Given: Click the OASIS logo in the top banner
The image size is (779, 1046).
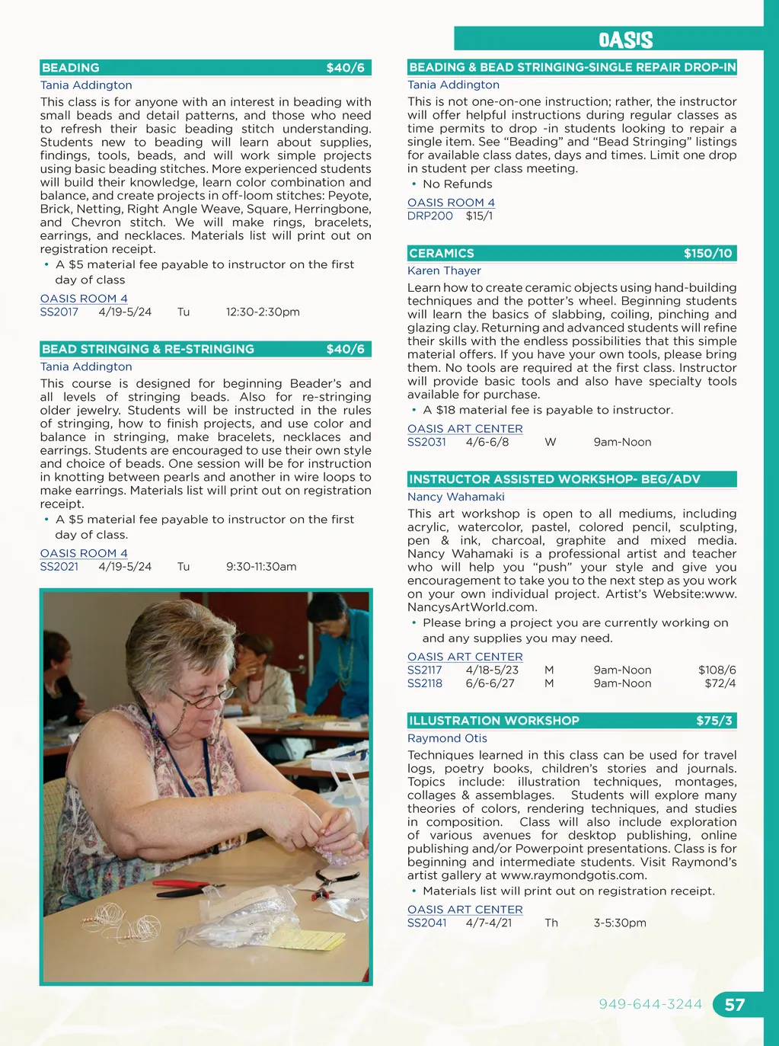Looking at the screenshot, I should click(x=625, y=40).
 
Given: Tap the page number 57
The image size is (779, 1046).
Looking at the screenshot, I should click(x=734, y=1005).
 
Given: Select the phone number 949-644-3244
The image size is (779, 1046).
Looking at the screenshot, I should click(x=650, y=1004).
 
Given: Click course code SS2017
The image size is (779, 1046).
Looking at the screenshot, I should click(x=59, y=312).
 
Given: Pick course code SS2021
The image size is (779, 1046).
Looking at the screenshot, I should click(x=59, y=566).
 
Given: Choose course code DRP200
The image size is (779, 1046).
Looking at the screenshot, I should click(x=430, y=216).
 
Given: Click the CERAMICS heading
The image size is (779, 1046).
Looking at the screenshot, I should click(x=442, y=253).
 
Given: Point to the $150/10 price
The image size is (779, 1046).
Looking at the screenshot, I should click(x=707, y=253).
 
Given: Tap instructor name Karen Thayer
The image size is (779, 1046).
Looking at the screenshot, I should click(x=444, y=270).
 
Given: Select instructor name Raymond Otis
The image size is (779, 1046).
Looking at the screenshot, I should click(x=447, y=738).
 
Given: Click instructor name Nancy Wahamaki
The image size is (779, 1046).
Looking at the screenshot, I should click(x=456, y=497).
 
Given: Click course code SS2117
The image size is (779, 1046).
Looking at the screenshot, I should click(x=425, y=670).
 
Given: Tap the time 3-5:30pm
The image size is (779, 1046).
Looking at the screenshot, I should click(x=620, y=923).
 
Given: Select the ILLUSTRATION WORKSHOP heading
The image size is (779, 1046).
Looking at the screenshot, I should click(x=494, y=721).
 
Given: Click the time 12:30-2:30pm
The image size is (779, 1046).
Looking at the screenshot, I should click(x=263, y=312).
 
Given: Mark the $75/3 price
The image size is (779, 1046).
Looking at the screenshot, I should click(x=714, y=721).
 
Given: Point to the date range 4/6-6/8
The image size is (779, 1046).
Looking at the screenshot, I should click(x=487, y=442).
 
